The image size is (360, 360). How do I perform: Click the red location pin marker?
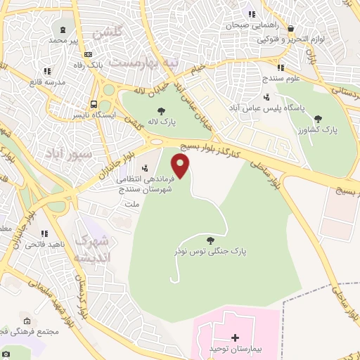point(181,166)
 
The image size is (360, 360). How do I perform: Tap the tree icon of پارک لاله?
point(162,110)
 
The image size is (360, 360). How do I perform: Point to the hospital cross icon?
point(235,337)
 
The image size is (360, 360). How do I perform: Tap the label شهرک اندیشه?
point(92,249)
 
